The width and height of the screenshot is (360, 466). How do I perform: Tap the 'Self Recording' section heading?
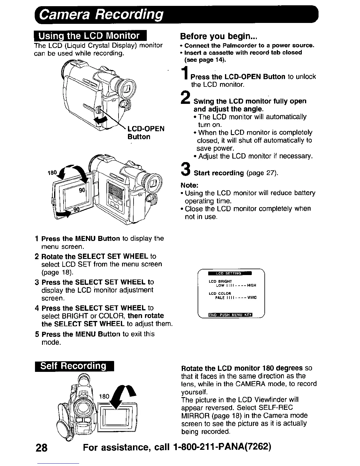click(x=74, y=366)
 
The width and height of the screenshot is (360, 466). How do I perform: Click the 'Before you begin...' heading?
click(x=219, y=36)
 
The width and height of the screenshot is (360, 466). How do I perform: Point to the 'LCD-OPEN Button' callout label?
click(x=145, y=133)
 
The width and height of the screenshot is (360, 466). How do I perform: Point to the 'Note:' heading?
click(x=189, y=185)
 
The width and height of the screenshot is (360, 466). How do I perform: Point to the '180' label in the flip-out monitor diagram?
click(x=52, y=173)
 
